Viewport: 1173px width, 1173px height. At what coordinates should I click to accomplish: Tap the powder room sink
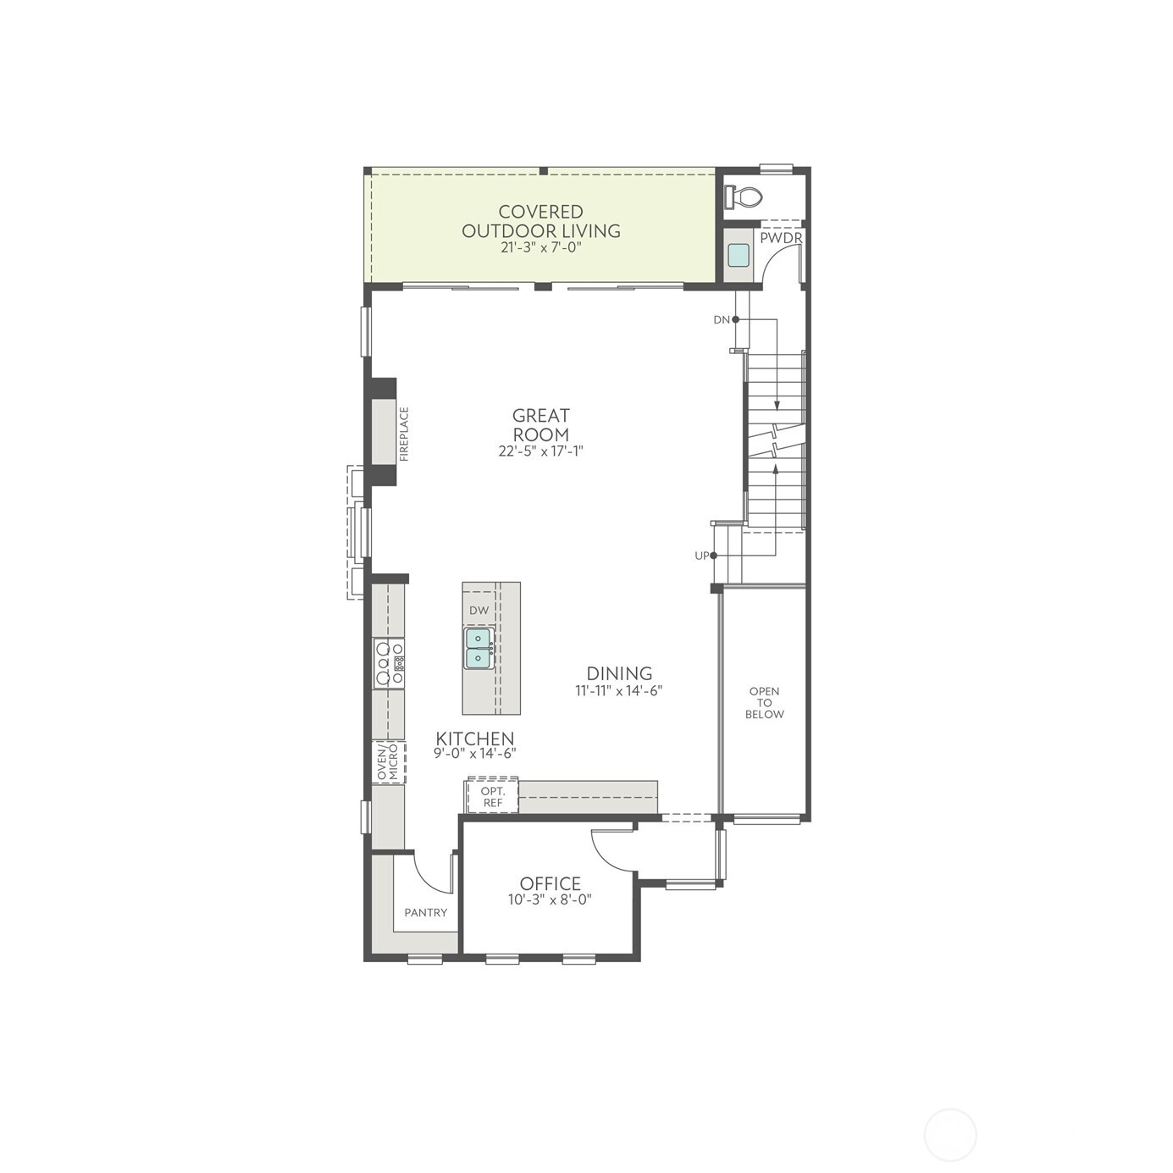[738, 255]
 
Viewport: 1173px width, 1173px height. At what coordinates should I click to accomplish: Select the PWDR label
[780, 239]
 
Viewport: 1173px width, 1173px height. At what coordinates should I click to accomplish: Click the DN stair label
[722, 320]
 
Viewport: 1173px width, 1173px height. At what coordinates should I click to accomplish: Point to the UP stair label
[702, 556]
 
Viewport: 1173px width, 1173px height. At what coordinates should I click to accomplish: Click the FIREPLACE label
[404, 434]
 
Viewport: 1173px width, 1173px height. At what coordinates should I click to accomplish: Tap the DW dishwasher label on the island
[479, 610]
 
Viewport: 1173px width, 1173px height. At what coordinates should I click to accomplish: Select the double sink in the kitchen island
[479, 648]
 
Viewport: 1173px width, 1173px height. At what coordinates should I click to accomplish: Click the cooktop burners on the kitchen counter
[390, 663]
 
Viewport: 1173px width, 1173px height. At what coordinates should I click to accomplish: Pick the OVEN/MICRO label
[387, 763]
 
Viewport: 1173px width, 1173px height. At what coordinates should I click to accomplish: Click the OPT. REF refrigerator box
[492, 796]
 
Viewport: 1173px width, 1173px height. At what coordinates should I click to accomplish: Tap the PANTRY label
[425, 912]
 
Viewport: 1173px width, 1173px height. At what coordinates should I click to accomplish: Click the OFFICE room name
[550, 884]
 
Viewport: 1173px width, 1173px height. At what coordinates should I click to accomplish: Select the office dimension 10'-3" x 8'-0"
[550, 900]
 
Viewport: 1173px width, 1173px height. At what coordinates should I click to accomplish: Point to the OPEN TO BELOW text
[764, 703]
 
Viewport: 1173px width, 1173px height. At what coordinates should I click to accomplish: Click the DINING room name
[619, 673]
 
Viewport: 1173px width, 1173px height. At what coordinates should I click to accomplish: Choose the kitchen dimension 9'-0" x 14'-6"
[475, 753]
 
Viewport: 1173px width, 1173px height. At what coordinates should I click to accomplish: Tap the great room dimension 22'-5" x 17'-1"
[540, 451]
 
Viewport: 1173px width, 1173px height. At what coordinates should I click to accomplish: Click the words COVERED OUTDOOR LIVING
[540, 221]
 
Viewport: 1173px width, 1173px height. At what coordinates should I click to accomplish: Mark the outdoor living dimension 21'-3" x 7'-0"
[540, 248]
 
